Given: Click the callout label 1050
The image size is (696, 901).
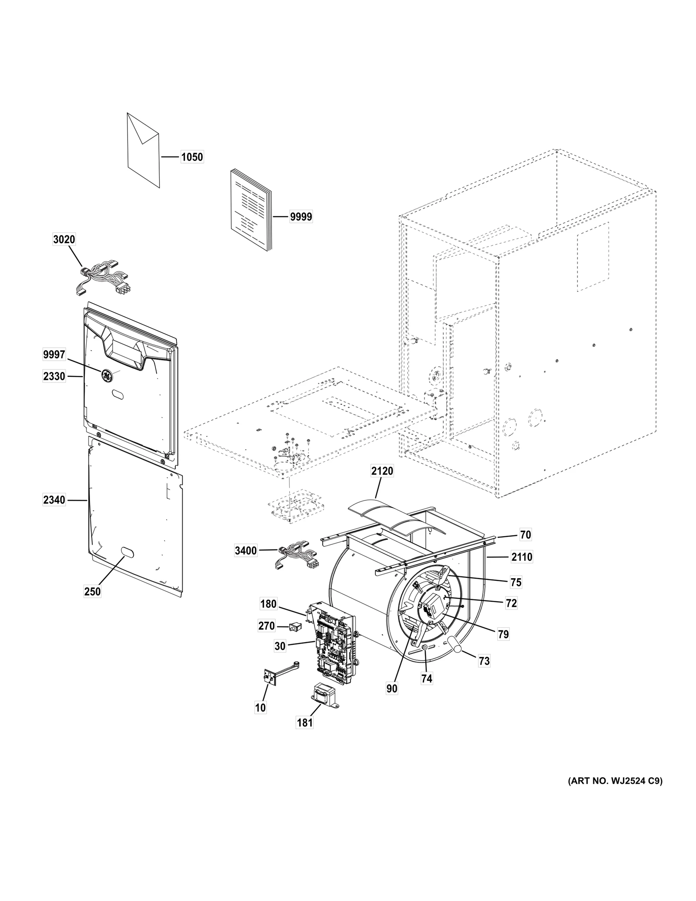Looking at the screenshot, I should tap(192, 157).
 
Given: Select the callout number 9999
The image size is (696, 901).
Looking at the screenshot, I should tap(301, 216).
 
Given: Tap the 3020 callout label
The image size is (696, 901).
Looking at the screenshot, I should tap(64, 239).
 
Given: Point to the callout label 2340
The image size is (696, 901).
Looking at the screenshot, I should tap(54, 500).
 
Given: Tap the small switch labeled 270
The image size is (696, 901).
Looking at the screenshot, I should tap(295, 627).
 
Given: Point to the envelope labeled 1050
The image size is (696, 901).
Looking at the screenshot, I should tap(144, 150).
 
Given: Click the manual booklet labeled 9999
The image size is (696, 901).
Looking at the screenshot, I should tap(250, 209).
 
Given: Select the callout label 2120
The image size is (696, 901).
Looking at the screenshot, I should tap(382, 471).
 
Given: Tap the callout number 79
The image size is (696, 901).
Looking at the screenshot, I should tap(503, 634).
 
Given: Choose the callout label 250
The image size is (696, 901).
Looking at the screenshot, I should tap(92, 592).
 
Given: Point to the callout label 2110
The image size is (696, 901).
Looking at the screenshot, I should tap(522, 557).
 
